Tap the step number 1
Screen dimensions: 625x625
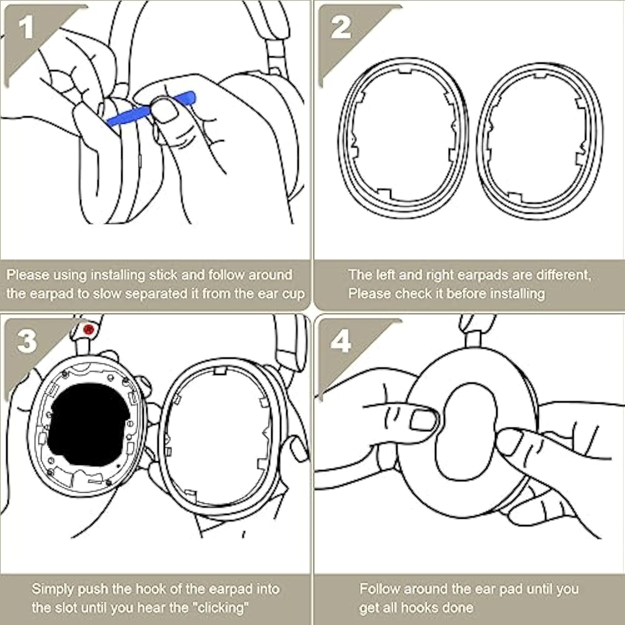tap(26, 28)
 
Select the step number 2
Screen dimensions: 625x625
tap(340, 28)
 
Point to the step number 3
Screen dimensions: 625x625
tap(27, 341)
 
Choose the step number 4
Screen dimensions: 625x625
tap(340, 342)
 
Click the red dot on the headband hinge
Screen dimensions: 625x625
tap(88, 329)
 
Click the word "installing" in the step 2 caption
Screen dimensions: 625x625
tap(517, 294)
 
